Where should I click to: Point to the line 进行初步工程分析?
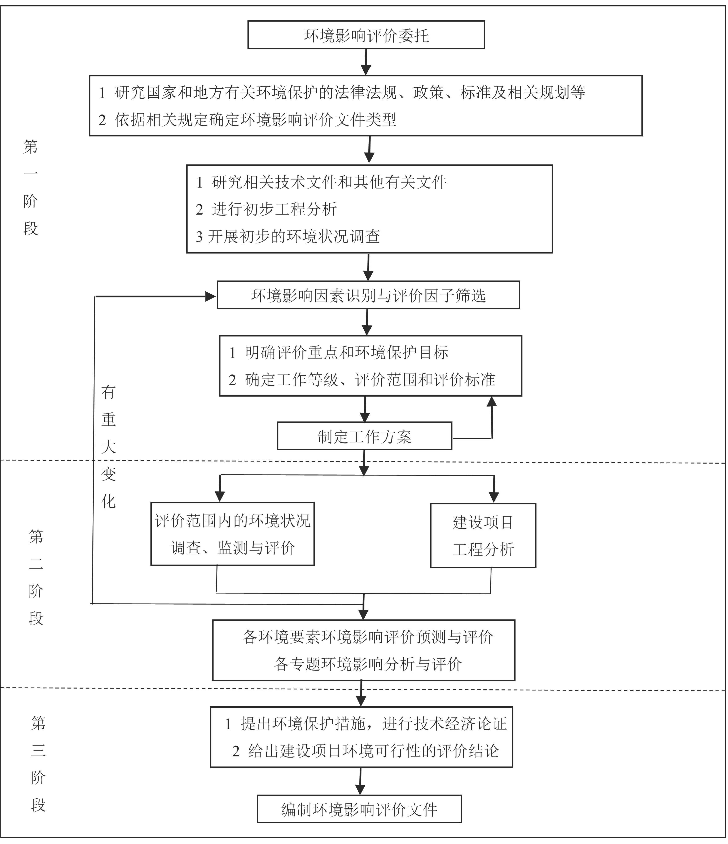[274, 209]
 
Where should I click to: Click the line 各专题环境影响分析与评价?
[368, 664]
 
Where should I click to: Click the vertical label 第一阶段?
[31, 187]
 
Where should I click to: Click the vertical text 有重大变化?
[108, 447]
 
